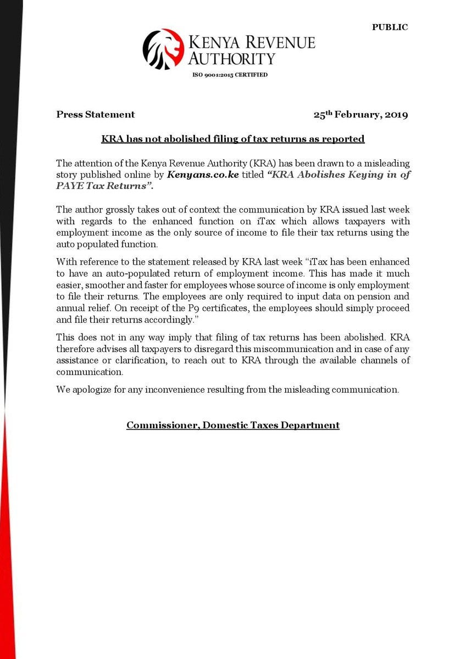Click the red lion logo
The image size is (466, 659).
coord(163,49)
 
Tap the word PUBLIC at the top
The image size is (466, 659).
coord(390,27)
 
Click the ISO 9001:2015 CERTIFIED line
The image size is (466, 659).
coord(230,75)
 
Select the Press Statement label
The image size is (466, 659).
coord(95,115)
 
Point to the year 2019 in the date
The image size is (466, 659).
coord(396,115)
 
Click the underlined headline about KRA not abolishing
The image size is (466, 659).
coord(233,139)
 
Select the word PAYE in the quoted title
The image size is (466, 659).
coord(70,186)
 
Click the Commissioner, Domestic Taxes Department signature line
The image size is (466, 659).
coord(233,425)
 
